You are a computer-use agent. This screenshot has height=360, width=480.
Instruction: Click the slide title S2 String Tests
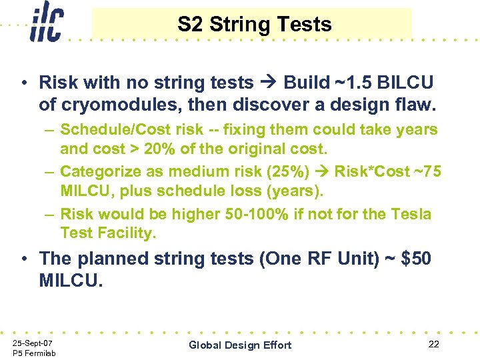(x=254, y=25)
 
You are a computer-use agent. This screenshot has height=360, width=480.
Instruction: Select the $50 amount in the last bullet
(x=415, y=258)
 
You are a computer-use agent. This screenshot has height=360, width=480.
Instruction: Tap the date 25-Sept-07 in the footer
(x=33, y=343)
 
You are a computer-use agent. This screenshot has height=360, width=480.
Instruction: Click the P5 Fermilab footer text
(x=34, y=353)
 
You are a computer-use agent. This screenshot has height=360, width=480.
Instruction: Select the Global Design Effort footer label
(x=240, y=345)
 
